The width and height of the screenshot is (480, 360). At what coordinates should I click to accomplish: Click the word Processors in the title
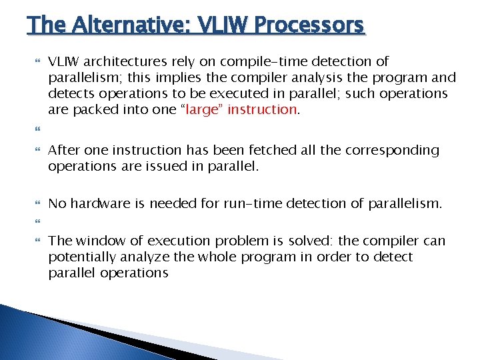pyautogui.click(x=309, y=25)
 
